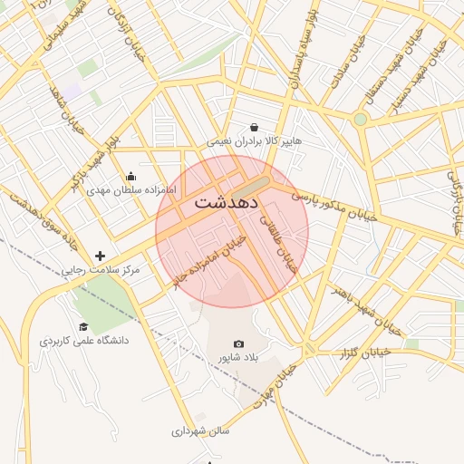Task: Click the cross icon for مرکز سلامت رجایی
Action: pos(100,256)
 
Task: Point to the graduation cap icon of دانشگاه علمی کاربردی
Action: pos(83,326)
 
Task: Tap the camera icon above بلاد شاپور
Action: pos(238,344)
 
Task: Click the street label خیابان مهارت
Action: pos(276,386)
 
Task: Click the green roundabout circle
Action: pos(361,119)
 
